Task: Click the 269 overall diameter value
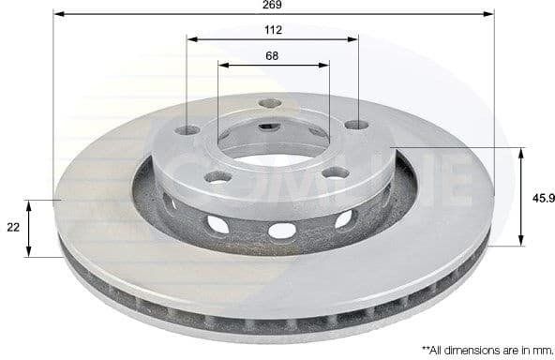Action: (273, 5)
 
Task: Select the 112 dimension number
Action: (273, 30)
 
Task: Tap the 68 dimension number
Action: (272, 56)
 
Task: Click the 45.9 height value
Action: (539, 198)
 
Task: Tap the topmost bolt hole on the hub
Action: (270, 103)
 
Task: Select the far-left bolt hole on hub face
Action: (187, 129)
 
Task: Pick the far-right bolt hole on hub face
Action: (355, 125)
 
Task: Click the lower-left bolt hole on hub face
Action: (217, 176)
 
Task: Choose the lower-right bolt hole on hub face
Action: (335, 172)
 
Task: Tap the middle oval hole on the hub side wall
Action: (281, 230)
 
